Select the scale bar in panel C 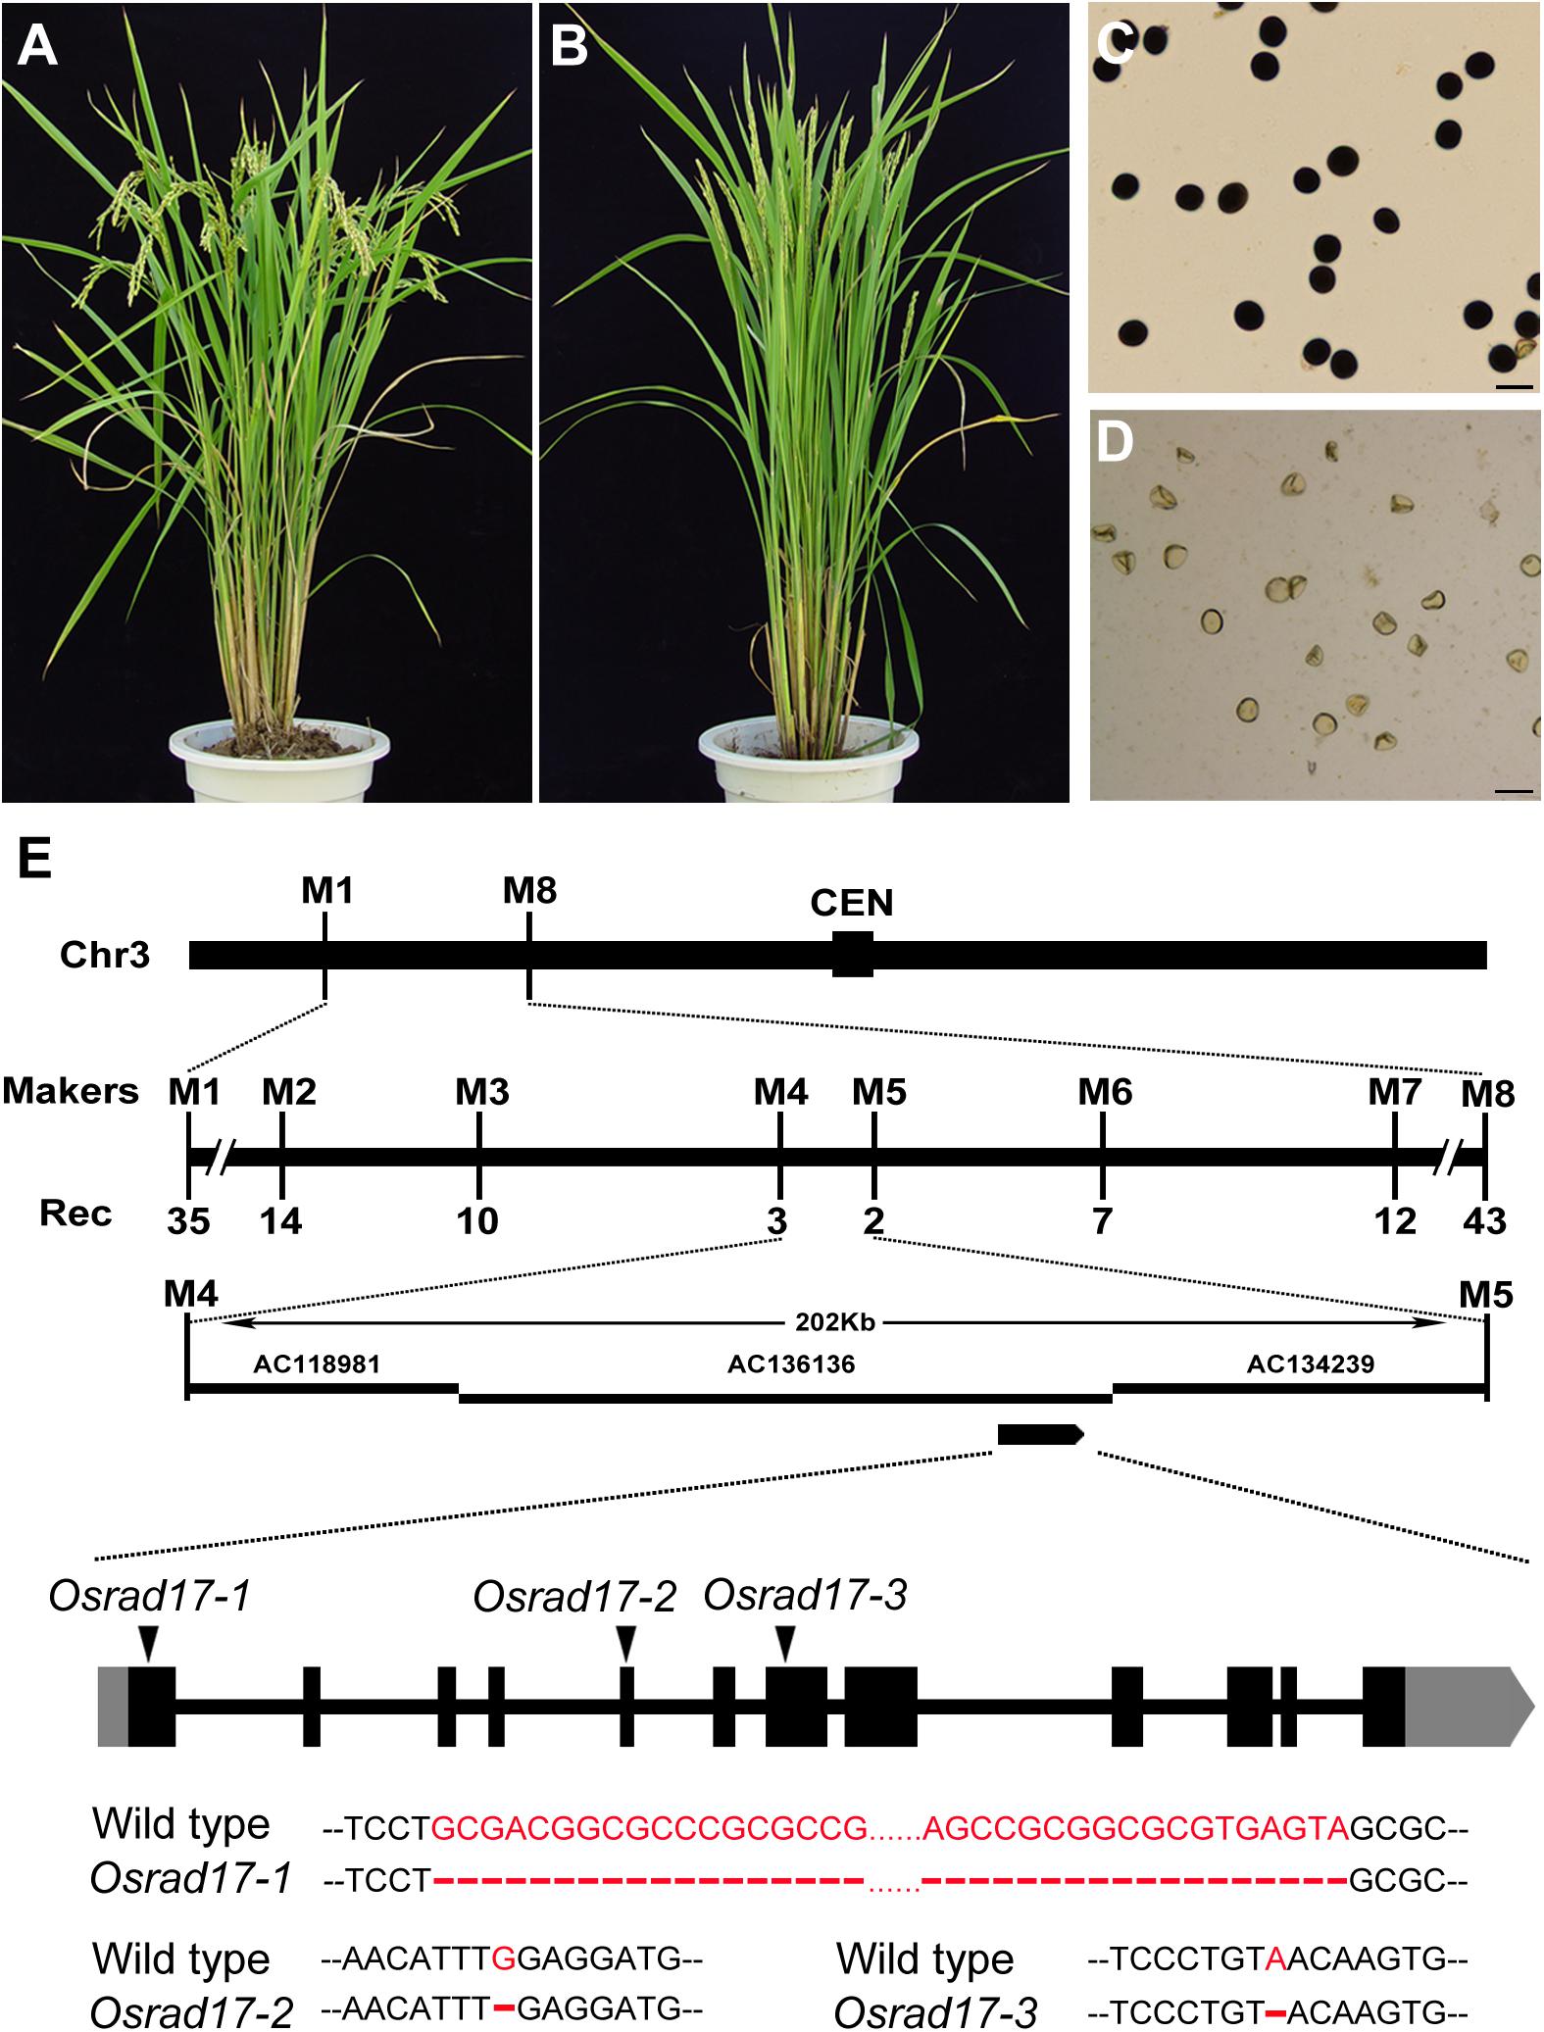1515,386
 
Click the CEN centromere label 852,902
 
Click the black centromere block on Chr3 852,954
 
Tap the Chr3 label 105,954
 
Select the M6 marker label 1105,1091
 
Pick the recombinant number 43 1484,1220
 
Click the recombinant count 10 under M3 477,1220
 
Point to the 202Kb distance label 835,1321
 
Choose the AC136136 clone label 791,1363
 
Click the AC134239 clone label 1311,1363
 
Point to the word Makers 71,1091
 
